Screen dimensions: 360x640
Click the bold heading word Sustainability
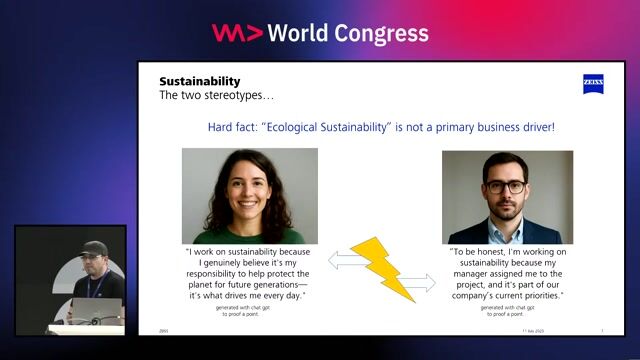[200, 81]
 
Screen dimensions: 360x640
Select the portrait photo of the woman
[249, 196]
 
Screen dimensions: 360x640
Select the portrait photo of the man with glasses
[507, 197]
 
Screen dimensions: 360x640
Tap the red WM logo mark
[237, 33]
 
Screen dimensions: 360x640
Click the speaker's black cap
[94, 247]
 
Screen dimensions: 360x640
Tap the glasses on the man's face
[505, 186]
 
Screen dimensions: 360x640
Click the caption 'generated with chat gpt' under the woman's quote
[249, 308]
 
